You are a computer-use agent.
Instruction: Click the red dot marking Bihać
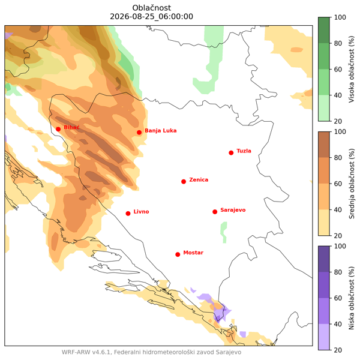coord(58,129)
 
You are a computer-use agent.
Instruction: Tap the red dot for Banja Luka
coord(139,133)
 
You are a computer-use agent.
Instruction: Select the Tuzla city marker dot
coord(231,153)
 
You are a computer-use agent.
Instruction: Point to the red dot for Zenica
coord(184,182)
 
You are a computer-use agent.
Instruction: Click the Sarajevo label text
coord(233,210)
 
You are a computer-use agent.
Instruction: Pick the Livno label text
coord(141,212)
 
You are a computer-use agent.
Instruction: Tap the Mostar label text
coord(193,253)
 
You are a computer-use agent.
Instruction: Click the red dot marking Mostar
coord(178,254)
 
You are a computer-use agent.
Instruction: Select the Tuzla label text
coord(244,151)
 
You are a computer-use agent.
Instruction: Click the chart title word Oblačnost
coord(152,8)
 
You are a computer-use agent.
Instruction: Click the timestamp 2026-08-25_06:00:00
coord(152,17)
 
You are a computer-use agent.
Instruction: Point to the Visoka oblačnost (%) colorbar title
coord(352,69)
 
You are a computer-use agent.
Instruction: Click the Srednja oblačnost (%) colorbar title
coord(352,184)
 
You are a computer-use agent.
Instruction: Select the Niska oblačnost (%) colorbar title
coord(352,298)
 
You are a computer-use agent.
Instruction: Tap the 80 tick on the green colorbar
coord(338,43)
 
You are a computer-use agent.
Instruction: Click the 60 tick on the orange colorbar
coord(338,184)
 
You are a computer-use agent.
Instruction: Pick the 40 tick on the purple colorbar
coord(338,324)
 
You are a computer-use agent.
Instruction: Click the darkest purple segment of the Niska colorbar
coord(324,259)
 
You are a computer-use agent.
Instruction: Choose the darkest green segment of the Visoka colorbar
coord(324,31)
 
